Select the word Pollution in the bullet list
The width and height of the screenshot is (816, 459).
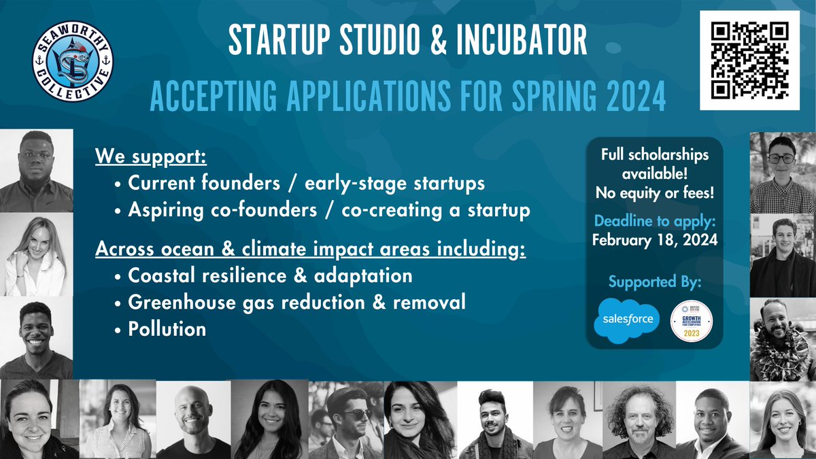coord(167,328)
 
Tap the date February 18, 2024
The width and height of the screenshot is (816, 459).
coord(653,239)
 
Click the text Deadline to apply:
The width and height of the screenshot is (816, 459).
coord(653,222)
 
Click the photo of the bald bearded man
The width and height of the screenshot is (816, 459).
coord(193,420)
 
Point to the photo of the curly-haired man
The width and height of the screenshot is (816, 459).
coord(639,420)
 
